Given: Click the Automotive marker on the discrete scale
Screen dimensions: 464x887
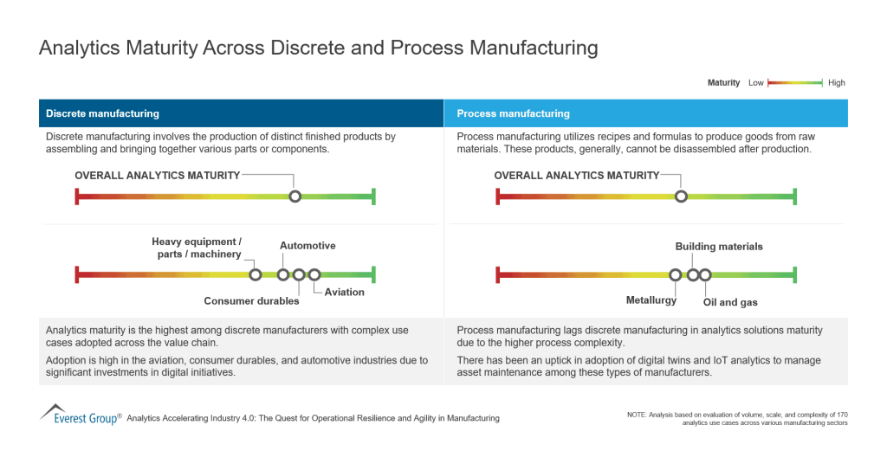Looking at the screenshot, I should (x=283, y=274).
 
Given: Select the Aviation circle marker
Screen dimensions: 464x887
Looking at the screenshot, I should (x=314, y=274).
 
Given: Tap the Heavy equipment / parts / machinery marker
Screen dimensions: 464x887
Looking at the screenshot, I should (x=256, y=274).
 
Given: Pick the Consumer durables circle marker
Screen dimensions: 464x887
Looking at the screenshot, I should (x=299, y=274).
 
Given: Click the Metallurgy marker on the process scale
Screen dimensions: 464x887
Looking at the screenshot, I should (x=676, y=274).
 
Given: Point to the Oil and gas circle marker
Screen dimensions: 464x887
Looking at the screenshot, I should (x=705, y=274).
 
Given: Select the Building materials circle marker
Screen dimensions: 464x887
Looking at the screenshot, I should (x=693, y=274).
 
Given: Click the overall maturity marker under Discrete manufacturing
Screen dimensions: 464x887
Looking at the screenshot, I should (x=295, y=197).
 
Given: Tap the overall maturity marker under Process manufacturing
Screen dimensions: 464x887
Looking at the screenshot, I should (x=681, y=197).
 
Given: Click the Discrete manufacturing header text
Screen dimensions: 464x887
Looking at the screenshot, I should (x=102, y=113).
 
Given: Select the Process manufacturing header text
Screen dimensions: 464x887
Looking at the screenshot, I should (x=513, y=113).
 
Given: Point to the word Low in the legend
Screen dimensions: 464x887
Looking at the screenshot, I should (x=756, y=83).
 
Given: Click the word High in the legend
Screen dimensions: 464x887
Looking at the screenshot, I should (x=836, y=83).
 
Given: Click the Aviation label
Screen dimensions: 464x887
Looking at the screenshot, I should (x=345, y=292).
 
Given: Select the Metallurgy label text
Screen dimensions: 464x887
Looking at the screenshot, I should (x=651, y=300).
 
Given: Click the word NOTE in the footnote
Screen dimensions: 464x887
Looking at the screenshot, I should (x=638, y=416).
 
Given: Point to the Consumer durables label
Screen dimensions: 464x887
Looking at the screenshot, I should (x=251, y=301).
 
